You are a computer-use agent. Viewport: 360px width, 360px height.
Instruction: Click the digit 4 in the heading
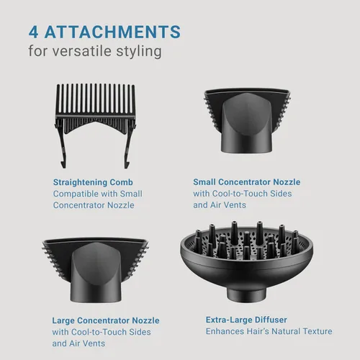[33, 32]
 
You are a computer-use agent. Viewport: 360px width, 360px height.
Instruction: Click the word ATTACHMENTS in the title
[112, 32]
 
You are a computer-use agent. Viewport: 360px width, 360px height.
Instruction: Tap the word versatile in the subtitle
[82, 51]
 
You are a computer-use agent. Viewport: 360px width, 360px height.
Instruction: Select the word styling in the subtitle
[139, 52]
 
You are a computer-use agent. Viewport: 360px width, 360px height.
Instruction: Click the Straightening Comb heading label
[93, 182]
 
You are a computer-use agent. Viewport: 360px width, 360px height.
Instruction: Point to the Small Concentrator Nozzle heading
[247, 182]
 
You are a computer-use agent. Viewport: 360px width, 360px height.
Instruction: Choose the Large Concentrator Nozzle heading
[106, 320]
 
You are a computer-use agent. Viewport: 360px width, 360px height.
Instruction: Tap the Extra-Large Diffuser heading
[246, 320]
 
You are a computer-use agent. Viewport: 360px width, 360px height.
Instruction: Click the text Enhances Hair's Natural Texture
[269, 331]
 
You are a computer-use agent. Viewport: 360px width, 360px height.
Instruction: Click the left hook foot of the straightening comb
[63, 164]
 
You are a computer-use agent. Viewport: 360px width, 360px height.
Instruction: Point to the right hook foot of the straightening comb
[127, 164]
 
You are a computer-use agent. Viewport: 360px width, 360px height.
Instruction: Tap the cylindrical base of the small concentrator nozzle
[246, 143]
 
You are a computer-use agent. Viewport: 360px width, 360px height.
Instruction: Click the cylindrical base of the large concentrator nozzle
[96, 293]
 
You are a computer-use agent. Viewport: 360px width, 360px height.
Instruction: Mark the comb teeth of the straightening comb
[96, 99]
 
